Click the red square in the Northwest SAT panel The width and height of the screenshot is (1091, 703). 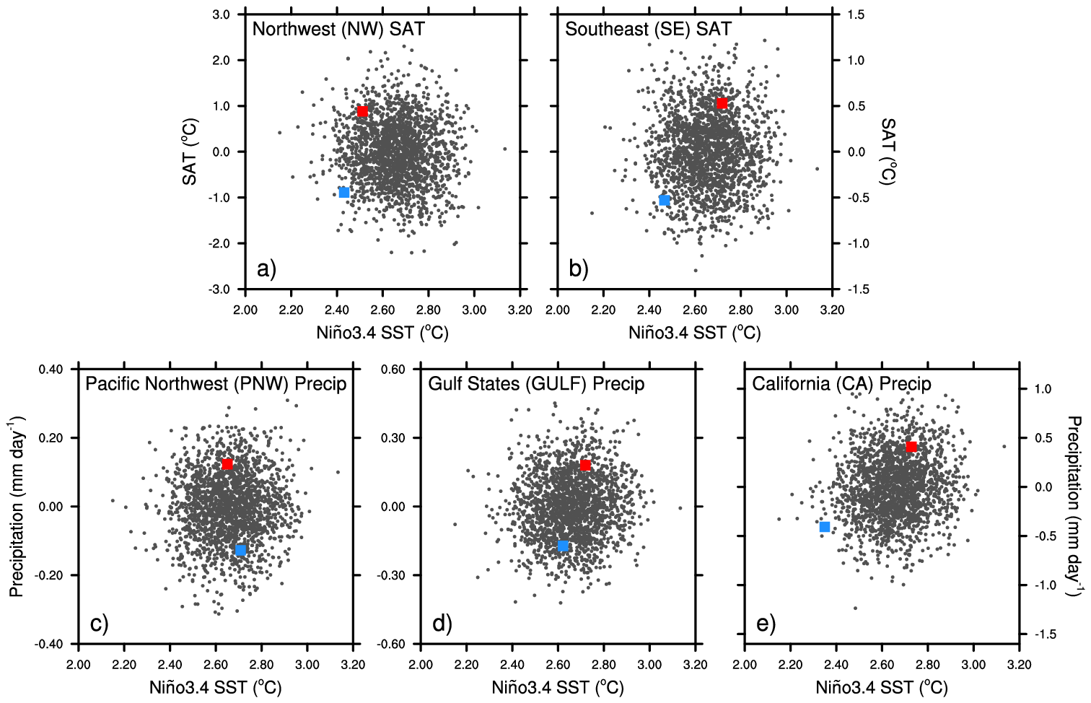pyautogui.click(x=362, y=112)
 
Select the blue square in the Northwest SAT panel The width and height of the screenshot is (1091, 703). pyautogui.click(x=344, y=193)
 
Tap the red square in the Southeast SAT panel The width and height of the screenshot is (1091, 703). pyautogui.click(x=722, y=104)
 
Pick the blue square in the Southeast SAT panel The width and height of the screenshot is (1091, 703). pyautogui.click(x=665, y=200)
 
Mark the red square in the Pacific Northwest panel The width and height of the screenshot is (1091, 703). pyautogui.click(x=227, y=464)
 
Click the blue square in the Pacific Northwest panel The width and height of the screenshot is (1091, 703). pyautogui.click(x=241, y=550)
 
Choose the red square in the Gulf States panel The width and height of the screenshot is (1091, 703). pyautogui.click(x=585, y=466)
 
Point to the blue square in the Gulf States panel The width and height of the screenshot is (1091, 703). pyautogui.click(x=564, y=546)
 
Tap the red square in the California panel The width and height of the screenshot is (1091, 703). pyautogui.click(x=911, y=447)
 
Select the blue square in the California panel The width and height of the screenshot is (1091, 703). pyautogui.click(x=825, y=528)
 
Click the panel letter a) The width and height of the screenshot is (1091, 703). pyautogui.click(x=267, y=270)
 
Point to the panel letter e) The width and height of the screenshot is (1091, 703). pyautogui.click(x=764, y=624)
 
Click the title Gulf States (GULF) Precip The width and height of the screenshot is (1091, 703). pyautogui.click(x=536, y=383)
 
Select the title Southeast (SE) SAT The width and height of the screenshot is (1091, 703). pyautogui.click(x=648, y=30)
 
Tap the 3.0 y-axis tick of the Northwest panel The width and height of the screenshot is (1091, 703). pyautogui.click(x=222, y=14)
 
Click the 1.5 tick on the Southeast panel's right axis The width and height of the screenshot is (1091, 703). pyautogui.click(x=856, y=14)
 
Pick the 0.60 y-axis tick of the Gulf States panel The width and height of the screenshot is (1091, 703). pyautogui.click(x=394, y=369)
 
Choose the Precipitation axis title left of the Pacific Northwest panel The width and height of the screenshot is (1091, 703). pyautogui.click(x=17, y=507)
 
